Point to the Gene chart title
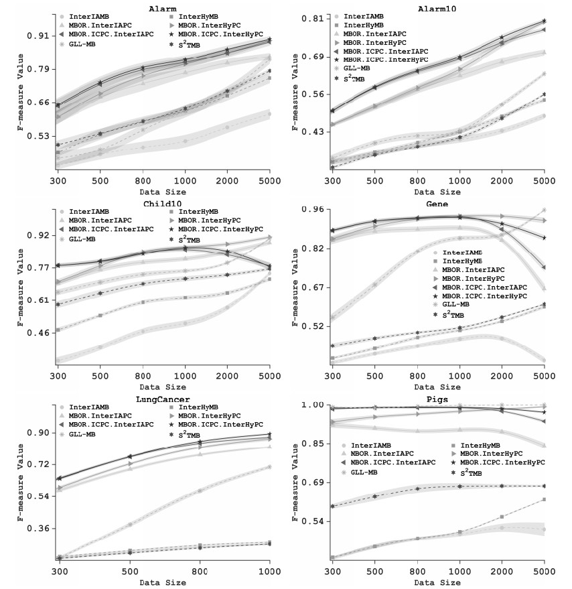click(437, 204)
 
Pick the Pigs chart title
click(438, 399)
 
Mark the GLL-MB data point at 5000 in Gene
click(544, 210)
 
